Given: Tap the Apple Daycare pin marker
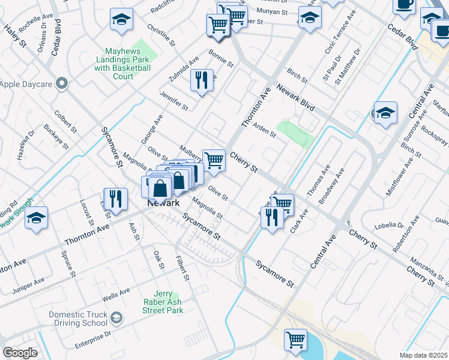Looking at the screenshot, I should tap(61, 83).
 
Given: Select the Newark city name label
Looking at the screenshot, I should tap(164, 203).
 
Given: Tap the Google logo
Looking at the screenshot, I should tap(20, 353).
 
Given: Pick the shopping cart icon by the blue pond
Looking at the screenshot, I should tap(295, 339).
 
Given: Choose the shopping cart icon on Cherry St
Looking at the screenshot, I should tap(213, 160).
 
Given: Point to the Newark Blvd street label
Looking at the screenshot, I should tap(296, 98).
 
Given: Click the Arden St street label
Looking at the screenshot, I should tap(264, 130).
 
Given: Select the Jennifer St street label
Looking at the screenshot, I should tap(174, 101).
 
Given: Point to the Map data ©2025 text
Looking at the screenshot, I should tap(423, 355).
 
